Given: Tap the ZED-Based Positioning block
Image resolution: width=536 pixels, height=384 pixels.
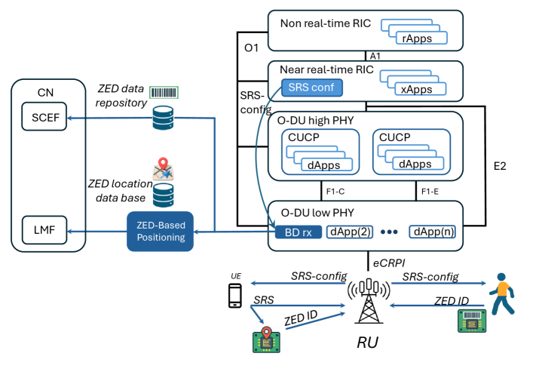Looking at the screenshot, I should (x=159, y=230).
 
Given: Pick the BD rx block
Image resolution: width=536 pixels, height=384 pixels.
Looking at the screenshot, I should (x=296, y=232).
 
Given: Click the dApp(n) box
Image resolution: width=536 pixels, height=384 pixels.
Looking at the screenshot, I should (x=432, y=232).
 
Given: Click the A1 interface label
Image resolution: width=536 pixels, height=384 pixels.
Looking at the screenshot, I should (x=375, y=55).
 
